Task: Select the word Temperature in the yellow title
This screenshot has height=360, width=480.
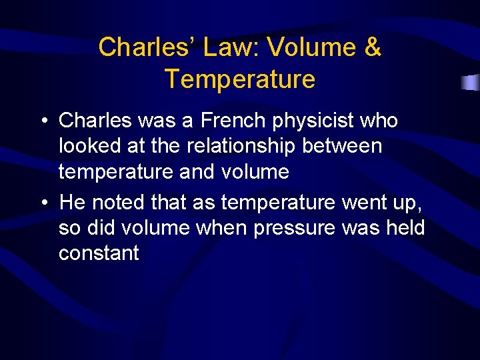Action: pyautogui.click(x=240, y=79)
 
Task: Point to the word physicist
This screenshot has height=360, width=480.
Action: pyautogui.click(x=316, y=121)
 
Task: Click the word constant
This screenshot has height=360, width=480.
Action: pyautogui.click(x=99, y=253)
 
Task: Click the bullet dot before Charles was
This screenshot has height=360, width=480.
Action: pyautogui.click(x=42, y=121)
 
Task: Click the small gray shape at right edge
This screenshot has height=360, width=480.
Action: pyautogui.click(x=471, y=83)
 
